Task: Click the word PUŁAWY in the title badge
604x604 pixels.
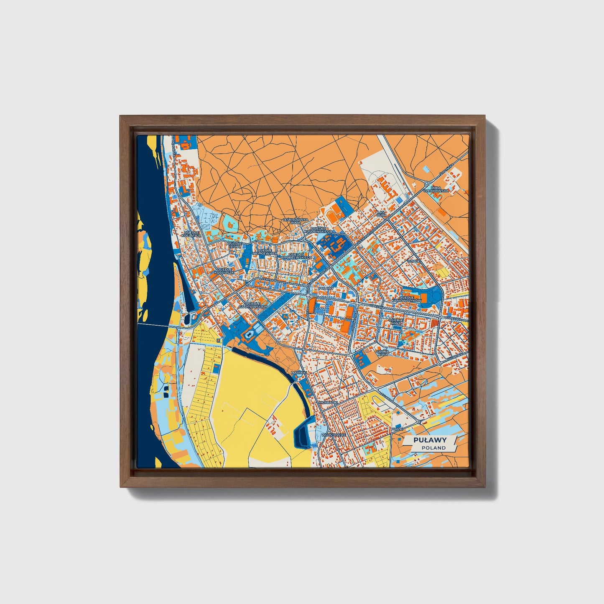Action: click(x=430, y=440)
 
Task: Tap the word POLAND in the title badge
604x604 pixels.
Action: click(x=433, y=448)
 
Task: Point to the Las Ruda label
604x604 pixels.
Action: click(x=381, y=214)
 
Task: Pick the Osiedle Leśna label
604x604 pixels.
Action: click(x=234, y=245)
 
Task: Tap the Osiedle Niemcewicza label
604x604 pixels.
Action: click(x=265, y=252)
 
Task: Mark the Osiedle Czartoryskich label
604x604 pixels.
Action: click(x=252, y=305)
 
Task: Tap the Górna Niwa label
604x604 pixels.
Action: click(x=382, y=353)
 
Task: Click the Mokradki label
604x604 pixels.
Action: click(x=328, y=402)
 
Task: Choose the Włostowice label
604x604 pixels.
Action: click(x=334, y=435)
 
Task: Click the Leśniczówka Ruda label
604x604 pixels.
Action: click(x=296, y=221)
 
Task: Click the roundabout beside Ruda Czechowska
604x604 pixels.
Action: click(x=427, y=183)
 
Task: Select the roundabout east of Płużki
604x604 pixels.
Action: click(x=418, y=422)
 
